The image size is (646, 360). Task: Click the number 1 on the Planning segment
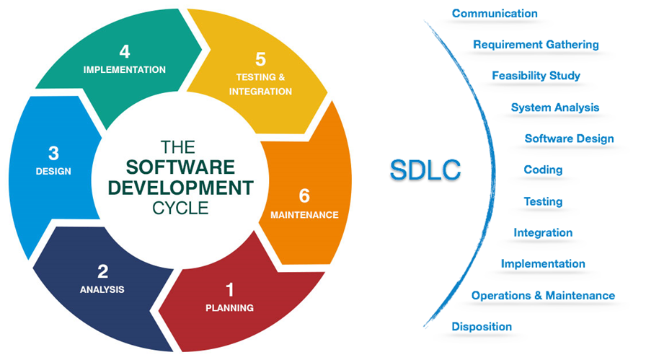[x=230, y=290]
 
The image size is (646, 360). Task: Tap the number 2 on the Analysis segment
[x=102, y=272]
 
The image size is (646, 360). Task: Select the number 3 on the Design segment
[x=53, y=154]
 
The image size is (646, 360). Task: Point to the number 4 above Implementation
[x=125, y=52]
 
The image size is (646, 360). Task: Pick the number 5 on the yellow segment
[x=260, y=60]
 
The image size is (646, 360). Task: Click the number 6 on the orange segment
[x=304, y=196]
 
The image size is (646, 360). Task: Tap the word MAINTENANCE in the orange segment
[x=304, y=215]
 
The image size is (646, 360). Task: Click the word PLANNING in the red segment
[x=229, y=308]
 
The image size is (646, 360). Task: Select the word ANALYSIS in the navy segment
[x=102, y=290]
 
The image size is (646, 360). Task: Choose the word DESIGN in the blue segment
[x=53, y=172]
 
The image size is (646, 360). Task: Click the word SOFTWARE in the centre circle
[x=180, y=167]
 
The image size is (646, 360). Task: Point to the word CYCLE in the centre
[x=180, y=208]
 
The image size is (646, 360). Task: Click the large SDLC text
[x=425, y=169]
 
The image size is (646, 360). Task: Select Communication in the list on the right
[x=494, y=14]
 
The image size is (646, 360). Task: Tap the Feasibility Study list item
[x=536, y=76]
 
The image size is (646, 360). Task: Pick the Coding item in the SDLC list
[x=543, y=170]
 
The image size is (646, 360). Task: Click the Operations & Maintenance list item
[x=543, y=296]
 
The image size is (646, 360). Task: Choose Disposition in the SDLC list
[x=482, y=327]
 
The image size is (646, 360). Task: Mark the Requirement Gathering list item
[x=536, y=45]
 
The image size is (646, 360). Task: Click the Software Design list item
[x=569, y=139]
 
